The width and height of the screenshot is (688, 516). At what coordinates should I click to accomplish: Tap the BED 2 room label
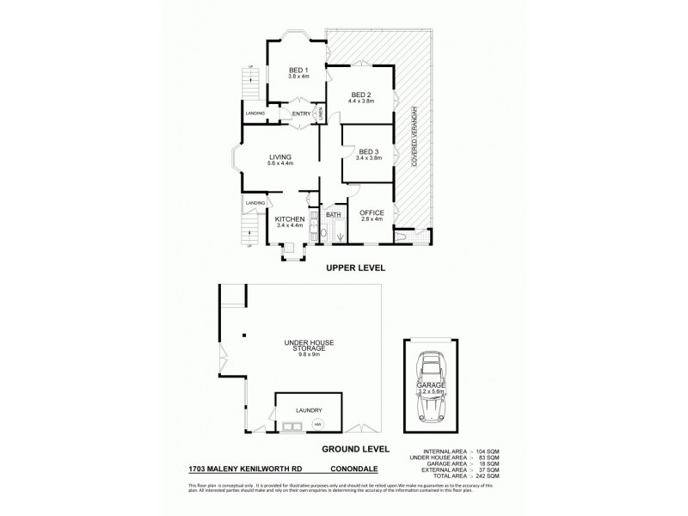coord(359,95)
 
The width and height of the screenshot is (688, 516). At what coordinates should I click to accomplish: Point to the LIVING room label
coord(280,157)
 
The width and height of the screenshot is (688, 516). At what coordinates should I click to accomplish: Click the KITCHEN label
coord(290,220)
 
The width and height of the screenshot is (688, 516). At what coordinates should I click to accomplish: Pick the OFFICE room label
coord(371,212)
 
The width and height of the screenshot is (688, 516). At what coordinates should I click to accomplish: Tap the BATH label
coord(334,214)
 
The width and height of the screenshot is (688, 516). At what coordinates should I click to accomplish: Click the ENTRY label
coord(301,114)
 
